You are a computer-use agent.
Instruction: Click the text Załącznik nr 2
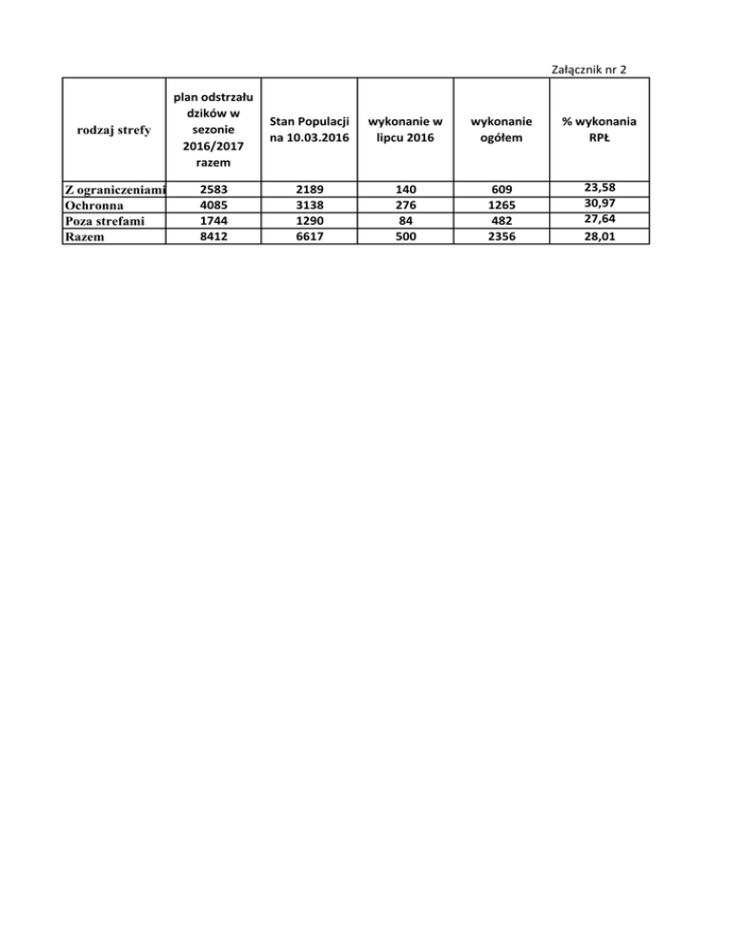[x=589, y=68]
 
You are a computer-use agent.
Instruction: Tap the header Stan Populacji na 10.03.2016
[x=309, y=131]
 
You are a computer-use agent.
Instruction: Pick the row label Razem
[x=84, y=237]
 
